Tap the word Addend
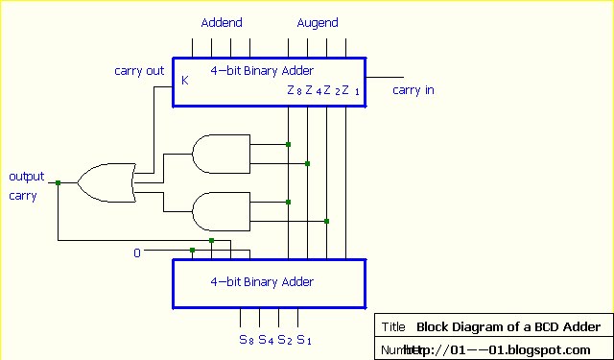point(222,22)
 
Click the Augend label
point(318,22)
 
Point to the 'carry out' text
point(139,70)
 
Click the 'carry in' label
point(413,90)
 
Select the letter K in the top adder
point(185,81)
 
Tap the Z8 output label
point(294,91)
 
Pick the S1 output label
point(303,339)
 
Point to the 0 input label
point(136,253)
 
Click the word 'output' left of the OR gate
point(27,177)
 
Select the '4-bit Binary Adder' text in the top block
point(262,70)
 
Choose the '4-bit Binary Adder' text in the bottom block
point(262,282)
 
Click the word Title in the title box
point(393,326)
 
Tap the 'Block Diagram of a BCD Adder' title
point(508,326)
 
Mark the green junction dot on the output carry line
point(58,182)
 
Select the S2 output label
point(284,339)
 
